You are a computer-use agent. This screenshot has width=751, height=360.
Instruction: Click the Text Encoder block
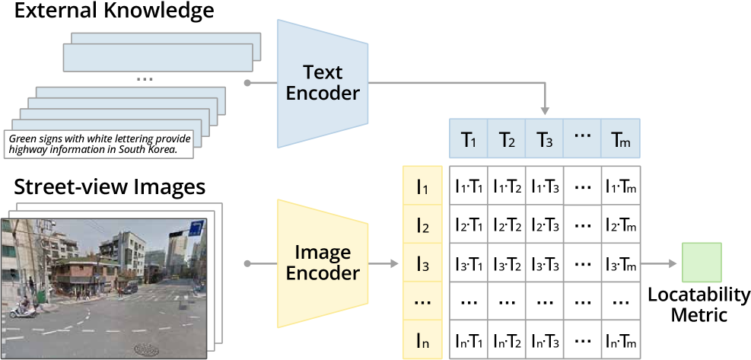click(323, 83)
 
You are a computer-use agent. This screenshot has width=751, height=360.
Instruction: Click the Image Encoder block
click(323, 263)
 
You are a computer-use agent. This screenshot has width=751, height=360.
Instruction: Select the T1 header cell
click(468, 139)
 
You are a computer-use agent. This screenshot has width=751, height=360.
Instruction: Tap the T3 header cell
click(544, 139)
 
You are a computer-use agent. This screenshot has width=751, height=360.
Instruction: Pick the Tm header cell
click(620, 139)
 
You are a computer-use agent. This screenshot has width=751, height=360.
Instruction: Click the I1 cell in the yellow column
click(422, 185)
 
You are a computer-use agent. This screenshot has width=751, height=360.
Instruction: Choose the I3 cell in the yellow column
click(422, 264)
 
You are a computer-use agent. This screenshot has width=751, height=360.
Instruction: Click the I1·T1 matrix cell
click(468, 185)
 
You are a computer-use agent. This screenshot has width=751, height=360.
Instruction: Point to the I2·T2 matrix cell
click(506, 225)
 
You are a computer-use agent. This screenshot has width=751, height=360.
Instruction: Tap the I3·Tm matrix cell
click(620, 264)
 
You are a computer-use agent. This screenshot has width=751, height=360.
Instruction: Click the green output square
click(701, 263)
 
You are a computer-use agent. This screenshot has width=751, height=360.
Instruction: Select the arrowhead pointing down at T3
click(545, 111)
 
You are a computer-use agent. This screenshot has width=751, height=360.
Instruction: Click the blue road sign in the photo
click(196, 228)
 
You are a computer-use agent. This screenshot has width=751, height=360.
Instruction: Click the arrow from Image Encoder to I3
click(385, 264)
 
